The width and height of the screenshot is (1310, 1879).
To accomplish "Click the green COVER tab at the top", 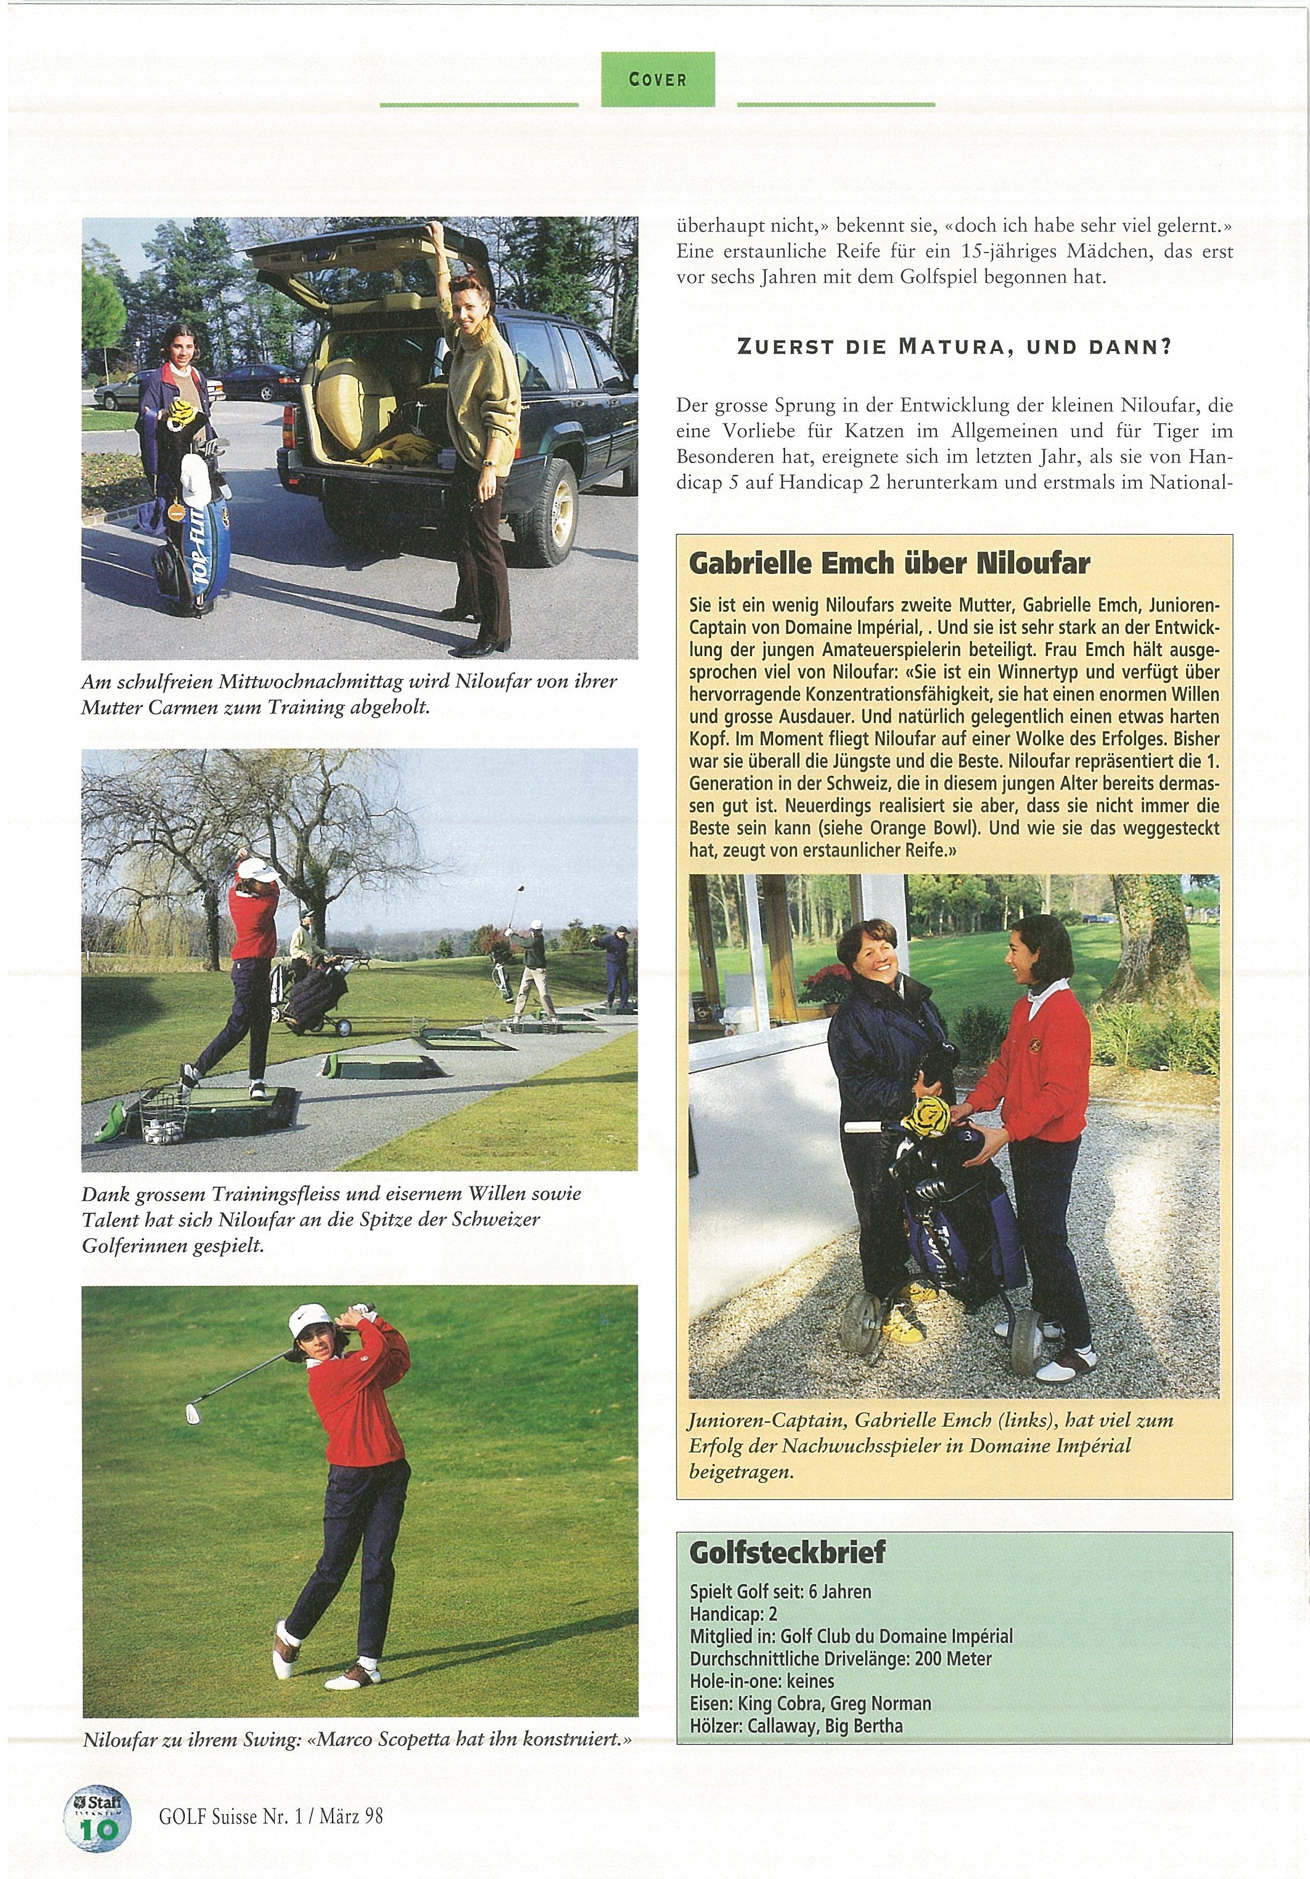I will point(658,79).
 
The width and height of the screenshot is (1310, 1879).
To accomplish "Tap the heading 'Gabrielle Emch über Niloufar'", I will point(889,563).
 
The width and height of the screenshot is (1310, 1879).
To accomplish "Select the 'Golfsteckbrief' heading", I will point(787,1552).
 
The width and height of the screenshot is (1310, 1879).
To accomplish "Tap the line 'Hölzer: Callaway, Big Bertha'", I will point(796,1726).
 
